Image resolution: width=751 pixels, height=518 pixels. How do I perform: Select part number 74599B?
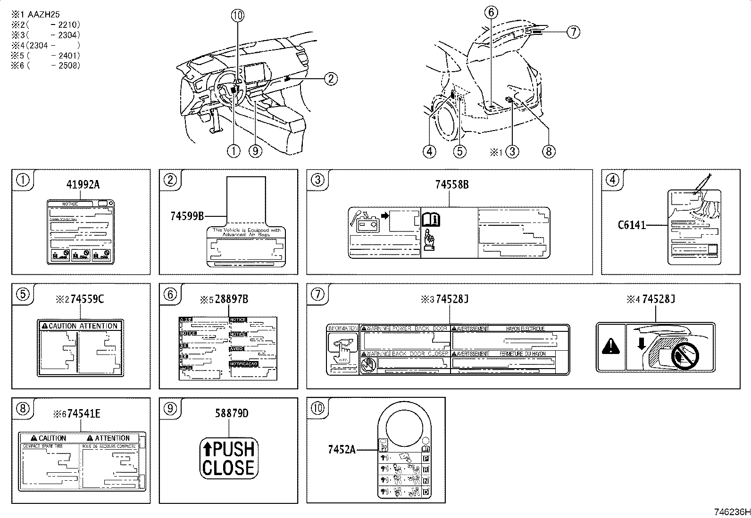[x=187, y=216]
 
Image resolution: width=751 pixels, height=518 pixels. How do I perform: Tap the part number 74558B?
[x=452, y=185]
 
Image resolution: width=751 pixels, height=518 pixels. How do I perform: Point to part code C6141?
[x=632, y=225]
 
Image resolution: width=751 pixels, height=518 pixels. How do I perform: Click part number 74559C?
[x=87, y=299]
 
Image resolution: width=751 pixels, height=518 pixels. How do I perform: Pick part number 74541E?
[x=83, y=413]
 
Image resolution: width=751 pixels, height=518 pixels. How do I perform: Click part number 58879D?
[x=231, y=413]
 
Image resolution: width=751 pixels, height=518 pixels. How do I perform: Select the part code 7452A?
[x=342, y=449]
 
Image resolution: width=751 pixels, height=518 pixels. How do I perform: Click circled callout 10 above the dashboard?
[x=238, y=16]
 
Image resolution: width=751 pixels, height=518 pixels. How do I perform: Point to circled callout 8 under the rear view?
[x=548, y=151]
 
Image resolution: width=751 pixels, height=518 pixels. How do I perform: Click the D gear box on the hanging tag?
[x=426, y=493]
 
